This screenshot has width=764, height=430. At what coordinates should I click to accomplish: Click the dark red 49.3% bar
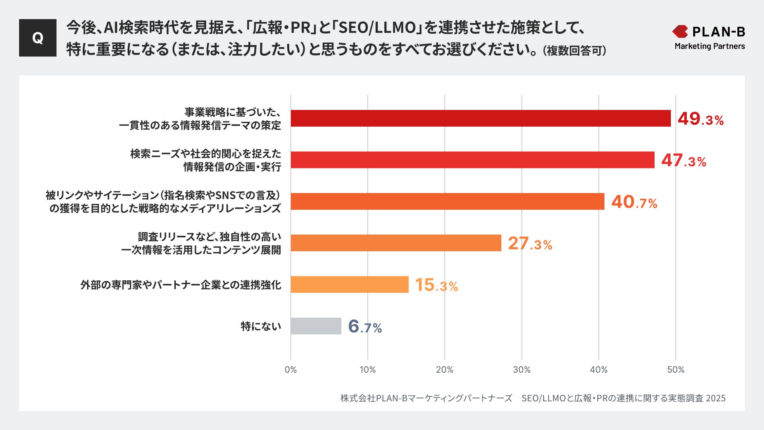tap(480, 118)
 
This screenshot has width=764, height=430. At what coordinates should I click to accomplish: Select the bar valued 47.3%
tap(472, 160)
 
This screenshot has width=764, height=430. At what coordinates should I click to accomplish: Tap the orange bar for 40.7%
tap(447, 201)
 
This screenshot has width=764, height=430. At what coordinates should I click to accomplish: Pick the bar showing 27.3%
tap(396, 243)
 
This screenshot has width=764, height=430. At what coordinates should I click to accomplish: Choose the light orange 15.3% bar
tap(349, 284)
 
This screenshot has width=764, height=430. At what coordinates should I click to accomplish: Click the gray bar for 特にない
tap(316, 326)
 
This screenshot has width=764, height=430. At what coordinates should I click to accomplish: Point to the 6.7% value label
tap(365, 326)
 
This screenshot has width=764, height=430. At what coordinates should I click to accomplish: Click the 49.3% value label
tap(700, 119)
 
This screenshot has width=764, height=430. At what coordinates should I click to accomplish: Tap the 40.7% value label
tap(634, 202)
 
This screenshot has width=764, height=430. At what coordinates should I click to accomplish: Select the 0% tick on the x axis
tap(290, 369)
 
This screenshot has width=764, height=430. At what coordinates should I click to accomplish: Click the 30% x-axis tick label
tap(521, 369)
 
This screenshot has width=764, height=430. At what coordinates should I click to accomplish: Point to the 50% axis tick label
tap(675, 369)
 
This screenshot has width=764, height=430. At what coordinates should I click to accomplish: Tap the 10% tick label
tap(367, 369)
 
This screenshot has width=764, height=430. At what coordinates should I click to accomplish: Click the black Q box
tap(38, 38)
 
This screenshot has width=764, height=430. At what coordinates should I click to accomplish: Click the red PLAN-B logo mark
tap(680, 31)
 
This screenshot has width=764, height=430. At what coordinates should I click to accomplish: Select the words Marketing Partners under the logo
tap(709, 46)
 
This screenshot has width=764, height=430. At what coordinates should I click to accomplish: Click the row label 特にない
tap(261, 326)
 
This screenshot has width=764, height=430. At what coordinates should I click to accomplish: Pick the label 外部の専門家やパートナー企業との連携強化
tap(181, 285)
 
